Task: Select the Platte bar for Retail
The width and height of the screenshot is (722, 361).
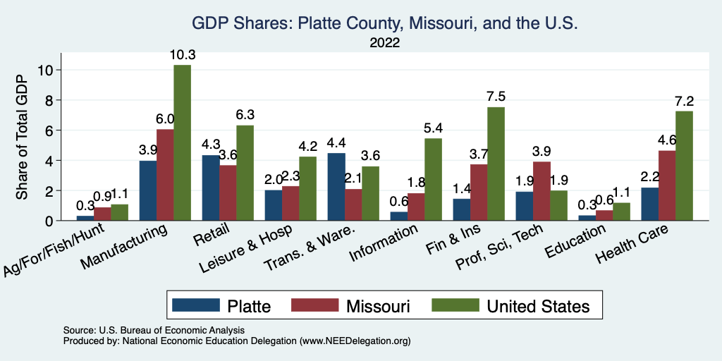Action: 210,188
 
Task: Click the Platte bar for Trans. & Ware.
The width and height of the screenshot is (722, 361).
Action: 336,187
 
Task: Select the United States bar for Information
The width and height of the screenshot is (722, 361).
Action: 433,179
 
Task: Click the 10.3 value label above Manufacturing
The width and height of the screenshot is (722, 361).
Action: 182,54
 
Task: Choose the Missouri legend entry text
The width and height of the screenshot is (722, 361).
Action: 378,305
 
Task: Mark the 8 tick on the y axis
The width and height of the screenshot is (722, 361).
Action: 49,100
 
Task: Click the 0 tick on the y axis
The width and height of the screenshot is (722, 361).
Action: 49,221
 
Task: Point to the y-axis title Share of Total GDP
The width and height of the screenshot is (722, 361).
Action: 23,137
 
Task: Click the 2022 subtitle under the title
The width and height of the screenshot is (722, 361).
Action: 385,42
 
